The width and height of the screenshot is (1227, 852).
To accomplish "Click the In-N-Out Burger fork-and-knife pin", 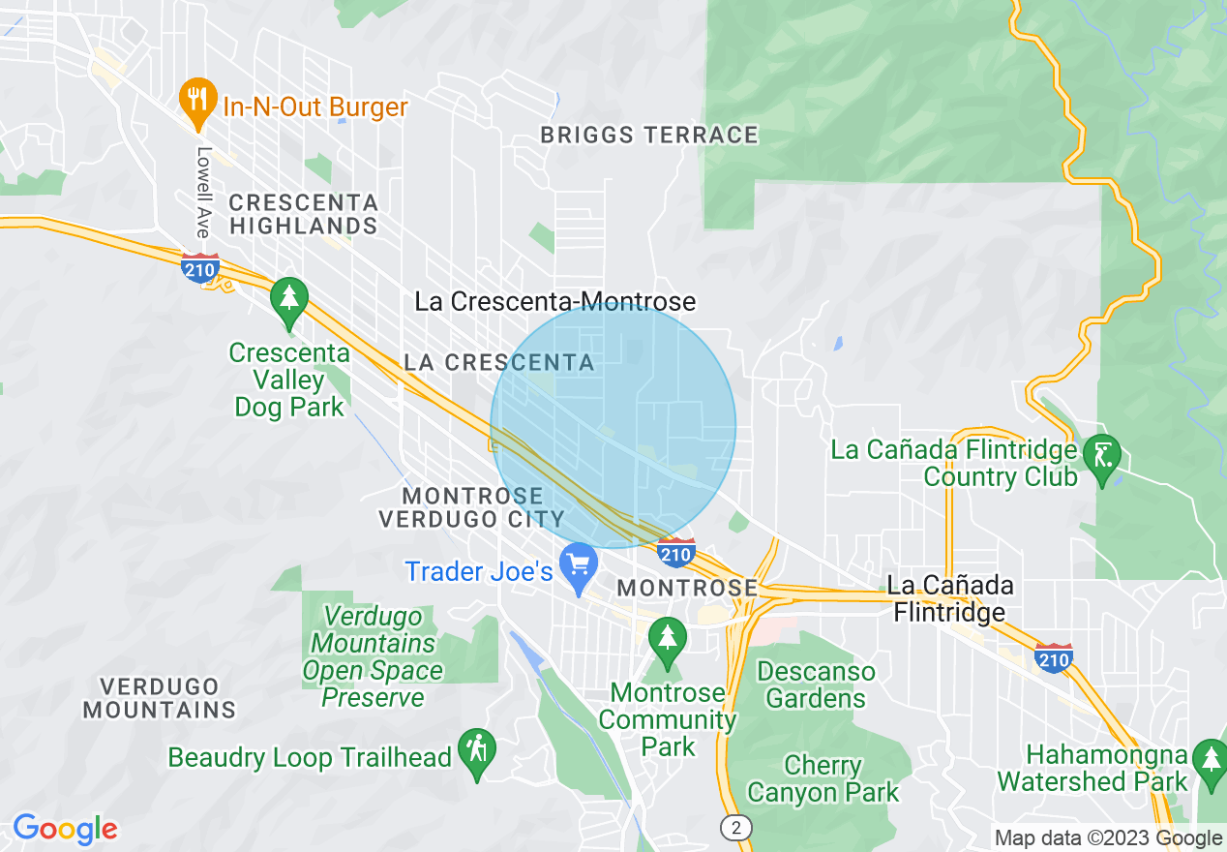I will click(197, 100).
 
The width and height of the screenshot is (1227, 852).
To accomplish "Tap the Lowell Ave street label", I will click(203, 192).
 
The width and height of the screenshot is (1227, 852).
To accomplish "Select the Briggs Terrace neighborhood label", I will click(649, 136).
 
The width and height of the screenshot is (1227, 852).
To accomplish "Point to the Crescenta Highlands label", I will click(303, 214).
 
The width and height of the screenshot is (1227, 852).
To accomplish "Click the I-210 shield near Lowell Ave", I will click(200, 268).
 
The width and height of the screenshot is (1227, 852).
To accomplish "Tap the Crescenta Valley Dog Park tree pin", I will click(288, 298).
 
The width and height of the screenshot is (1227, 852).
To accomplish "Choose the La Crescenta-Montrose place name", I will click(554, 301).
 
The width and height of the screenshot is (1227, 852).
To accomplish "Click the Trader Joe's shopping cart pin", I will click(579, 565).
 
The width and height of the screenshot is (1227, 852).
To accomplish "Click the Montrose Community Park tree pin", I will click(667, 639).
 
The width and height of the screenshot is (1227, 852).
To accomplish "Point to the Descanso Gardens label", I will click(816, 685).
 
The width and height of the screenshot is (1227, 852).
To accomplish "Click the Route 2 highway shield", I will click(736, 827).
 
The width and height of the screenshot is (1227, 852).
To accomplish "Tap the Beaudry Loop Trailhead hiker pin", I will click(477, 750).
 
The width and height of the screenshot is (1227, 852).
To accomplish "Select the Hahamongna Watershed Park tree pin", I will click(1210, 759).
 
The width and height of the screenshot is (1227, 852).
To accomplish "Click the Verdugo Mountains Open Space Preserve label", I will click(373, 656).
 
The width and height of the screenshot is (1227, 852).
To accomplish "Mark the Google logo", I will click(65, 829).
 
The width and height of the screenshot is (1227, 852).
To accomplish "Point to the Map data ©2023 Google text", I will click(1109, 838).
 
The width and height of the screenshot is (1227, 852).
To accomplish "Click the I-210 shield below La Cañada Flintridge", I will click(1053, 657).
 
